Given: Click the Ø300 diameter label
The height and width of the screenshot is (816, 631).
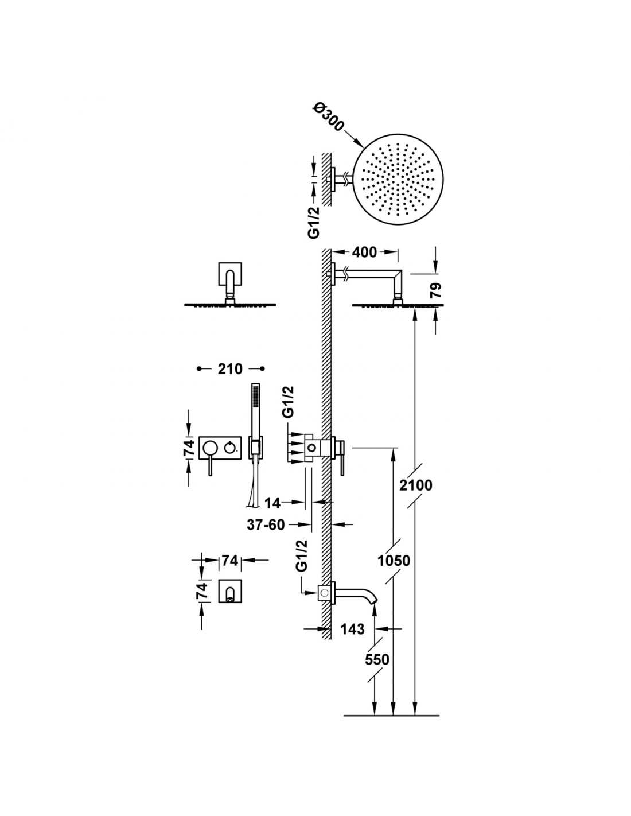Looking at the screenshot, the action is pos(327,117).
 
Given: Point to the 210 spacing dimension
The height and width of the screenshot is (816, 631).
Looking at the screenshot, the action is pos(229,369).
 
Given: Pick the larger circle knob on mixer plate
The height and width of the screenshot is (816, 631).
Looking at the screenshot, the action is pos(208,447).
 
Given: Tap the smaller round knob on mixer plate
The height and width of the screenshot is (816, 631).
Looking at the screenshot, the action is pos(229,447).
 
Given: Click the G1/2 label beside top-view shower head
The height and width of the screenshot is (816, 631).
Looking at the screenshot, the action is pos(314,222).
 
